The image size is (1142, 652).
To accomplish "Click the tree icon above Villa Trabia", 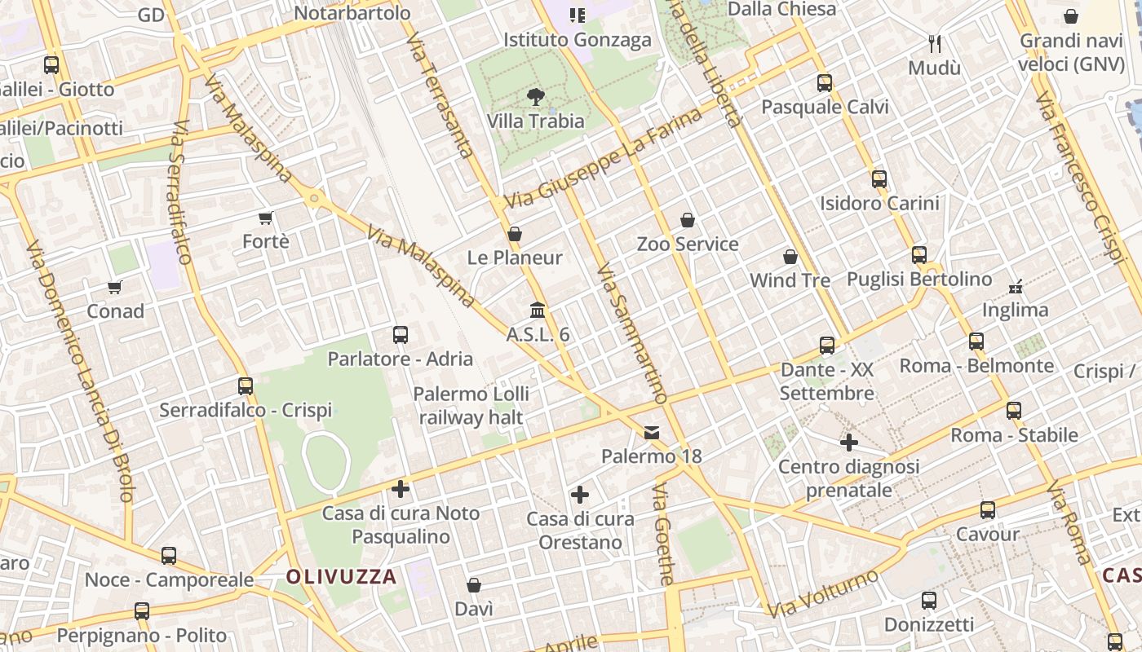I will (536, 97).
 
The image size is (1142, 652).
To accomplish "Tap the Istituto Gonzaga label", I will (577, 40).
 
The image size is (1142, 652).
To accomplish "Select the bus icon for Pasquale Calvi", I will (825, 82).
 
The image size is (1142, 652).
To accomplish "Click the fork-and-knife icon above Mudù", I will (935, 43).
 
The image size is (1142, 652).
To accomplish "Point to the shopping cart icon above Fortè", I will (265, 218).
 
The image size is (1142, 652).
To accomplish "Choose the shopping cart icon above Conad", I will (115, 287).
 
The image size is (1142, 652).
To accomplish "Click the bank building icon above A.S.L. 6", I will (538, 311).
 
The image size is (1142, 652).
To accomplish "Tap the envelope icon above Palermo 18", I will (652, 432).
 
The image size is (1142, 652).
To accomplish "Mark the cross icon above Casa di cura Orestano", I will (580, 495).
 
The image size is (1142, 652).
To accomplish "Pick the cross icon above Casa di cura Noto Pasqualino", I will (401, 489).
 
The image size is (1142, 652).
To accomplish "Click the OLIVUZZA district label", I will (341, 577).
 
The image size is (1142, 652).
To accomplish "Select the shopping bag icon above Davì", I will (474, 585).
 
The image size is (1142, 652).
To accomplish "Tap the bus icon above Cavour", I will (988, 510).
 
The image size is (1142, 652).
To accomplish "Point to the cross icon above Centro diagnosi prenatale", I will (849, 443).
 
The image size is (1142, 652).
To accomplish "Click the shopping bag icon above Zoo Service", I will (688, 220).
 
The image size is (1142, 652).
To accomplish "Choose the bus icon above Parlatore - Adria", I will (401, 334).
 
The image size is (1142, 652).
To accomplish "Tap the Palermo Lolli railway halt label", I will (471, 406).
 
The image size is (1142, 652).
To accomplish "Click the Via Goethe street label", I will (664, 534).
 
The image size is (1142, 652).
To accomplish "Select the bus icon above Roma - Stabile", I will (1014, 411).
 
